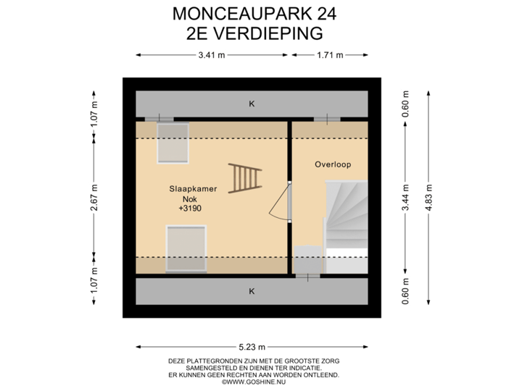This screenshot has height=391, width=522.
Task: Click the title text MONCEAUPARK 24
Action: tap(254, 14)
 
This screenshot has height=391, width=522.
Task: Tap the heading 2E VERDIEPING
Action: tap(254, 33)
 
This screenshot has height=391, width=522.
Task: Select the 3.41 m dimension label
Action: tap(211, 54)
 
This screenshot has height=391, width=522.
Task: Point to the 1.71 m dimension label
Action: tap(330, 54)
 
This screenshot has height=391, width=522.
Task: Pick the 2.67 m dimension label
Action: tap(94, 197)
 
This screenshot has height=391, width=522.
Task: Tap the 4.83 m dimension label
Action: tap(430, 197)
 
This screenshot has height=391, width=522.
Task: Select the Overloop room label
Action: tap(333, 164)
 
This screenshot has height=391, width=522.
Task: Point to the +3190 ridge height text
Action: tap(189, 209)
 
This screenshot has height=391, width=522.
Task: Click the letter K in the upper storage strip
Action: tap(252, 104)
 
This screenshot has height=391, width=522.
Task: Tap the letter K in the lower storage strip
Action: tap(252, 291)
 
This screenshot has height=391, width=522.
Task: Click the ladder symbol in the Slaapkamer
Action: tap(244, 178)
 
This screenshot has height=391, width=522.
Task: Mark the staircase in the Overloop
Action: tap(346, 217)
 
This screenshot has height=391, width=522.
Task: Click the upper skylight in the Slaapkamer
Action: tap(173, 142)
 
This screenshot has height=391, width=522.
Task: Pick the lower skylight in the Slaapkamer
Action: tap(186, 248)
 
